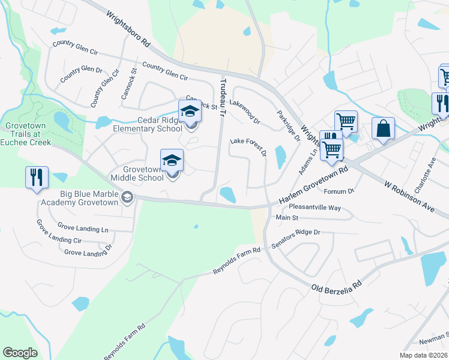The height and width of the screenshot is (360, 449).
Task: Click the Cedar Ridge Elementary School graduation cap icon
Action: click(190, 112)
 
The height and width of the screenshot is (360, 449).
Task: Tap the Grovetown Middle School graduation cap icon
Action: click(172, 160)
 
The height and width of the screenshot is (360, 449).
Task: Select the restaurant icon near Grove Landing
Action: click(36, 178)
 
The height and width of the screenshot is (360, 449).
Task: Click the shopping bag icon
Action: click(383, 128)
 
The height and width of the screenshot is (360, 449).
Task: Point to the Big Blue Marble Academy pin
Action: click(127, 197)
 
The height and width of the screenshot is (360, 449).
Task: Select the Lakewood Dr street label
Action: click(245, 112)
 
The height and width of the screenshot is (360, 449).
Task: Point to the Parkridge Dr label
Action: click(288, 125)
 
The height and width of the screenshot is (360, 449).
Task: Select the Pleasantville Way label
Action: click(315, 208)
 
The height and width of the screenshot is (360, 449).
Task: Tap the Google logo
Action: click(20, 353)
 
